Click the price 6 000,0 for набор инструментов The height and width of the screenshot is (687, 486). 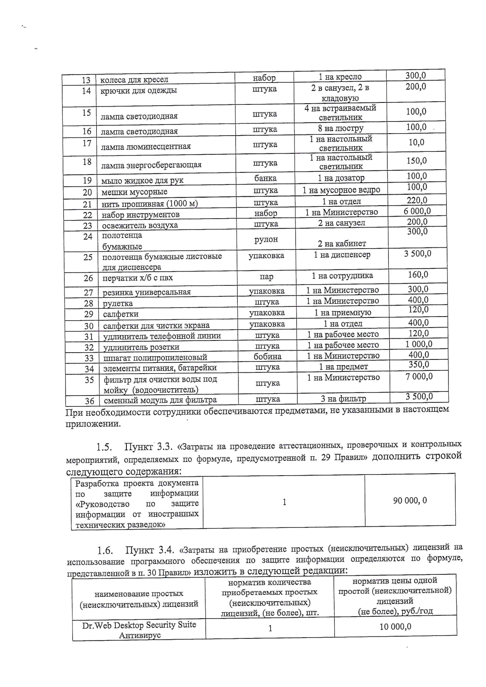[417, 211]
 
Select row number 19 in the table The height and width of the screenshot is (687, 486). [87, 181]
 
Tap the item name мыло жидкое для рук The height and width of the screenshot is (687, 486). [142, 181]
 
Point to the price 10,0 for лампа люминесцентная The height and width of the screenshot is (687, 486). [416, 142]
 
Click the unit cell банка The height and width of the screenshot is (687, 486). [265, 178]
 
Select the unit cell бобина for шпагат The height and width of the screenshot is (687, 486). [267, 356]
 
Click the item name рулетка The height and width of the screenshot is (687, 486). [118, 303]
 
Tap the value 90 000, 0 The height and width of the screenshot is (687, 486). [410, 500]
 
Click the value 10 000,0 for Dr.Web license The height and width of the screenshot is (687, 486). [395, 627]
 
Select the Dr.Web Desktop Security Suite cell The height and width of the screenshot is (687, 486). [139, 630]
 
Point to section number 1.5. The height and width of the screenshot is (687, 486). [104, 447]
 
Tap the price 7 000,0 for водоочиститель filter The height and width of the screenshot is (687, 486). [419, 376]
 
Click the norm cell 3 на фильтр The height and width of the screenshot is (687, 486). [343, 399]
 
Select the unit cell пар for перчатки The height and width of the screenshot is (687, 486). [266, 277]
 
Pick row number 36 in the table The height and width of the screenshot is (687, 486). [90, 401]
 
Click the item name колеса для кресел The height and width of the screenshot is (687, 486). [134, 80]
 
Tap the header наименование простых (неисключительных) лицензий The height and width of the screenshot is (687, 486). [139, 599]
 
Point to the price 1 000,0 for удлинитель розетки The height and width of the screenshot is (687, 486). [419, 344]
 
